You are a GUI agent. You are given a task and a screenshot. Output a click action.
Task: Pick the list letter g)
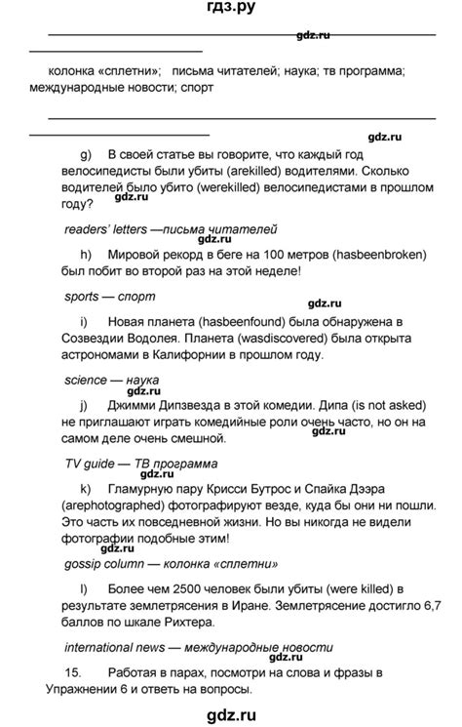coord(85,153)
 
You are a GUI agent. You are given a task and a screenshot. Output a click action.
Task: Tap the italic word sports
coord(82,297)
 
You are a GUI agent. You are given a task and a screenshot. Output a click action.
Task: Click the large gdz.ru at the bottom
coord(231,712)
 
